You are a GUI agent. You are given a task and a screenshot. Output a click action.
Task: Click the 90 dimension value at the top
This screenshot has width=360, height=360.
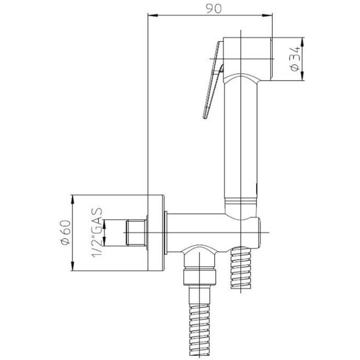click(x=213, y=8)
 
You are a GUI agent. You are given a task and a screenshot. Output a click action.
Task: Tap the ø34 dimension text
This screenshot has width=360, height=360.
click(x=295, y=59)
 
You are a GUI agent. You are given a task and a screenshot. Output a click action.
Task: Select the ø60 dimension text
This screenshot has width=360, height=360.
click(x=66, y=232)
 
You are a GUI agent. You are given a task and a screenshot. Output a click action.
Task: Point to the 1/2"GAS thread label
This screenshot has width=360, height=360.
click(x=97, y=233)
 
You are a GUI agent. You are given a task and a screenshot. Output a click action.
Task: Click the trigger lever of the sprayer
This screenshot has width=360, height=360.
click(x=213, y=81)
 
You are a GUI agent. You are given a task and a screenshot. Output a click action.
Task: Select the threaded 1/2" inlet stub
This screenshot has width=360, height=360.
click(x=136, y=233)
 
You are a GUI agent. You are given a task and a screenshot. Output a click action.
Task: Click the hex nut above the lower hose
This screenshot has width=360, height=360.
click(x=200, y=277)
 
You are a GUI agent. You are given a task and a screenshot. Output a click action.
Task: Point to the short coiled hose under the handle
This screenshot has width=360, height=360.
click(x=241, y=267)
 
